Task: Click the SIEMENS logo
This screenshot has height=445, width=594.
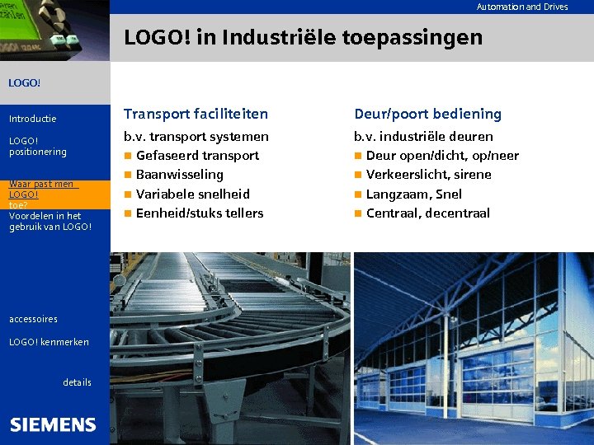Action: [x=53, y=424]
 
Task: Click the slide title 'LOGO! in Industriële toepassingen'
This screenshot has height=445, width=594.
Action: [x=303, y=37]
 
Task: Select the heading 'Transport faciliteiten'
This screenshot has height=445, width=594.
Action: [x=196, y=114]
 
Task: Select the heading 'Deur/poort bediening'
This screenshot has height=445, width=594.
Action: [x=427, y=114]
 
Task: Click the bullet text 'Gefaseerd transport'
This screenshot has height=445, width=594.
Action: [x=197, y=155]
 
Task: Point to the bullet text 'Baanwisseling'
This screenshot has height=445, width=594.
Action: [x=179, y=174]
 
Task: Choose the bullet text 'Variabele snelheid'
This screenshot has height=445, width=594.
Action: [x=192, y=194]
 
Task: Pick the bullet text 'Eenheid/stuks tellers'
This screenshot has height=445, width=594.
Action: [x=200, y=213]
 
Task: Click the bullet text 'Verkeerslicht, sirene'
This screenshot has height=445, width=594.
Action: [x=428, y=174]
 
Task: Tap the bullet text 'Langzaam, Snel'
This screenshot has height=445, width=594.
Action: [x=413, y=194]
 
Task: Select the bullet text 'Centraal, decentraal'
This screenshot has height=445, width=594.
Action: [x=427, y=213]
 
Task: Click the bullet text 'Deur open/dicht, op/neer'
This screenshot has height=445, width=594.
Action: [x=442, y=155]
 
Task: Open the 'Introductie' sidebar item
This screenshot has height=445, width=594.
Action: [x=32, y=119]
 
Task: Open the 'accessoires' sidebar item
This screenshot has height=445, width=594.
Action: [x=33, y=319]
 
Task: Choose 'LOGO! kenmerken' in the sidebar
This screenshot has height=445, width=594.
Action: [x=49, y=341]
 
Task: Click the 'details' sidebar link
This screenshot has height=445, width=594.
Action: [x=77, y=382]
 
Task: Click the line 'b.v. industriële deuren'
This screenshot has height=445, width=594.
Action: [x=423, y=136]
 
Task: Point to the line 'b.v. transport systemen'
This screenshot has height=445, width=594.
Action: [x=196, y=136]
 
